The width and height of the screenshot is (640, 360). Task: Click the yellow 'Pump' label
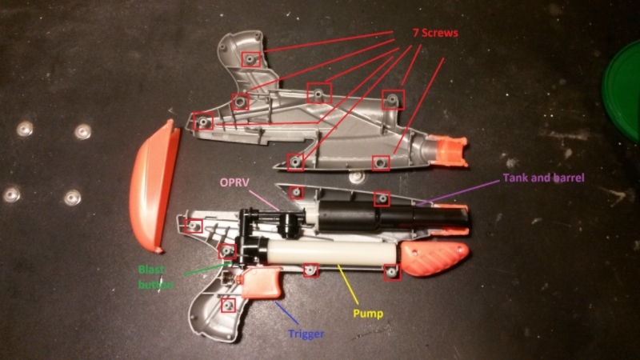pyautogui.click(x=369, y=313)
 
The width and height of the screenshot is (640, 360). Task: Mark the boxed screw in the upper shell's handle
pyautogui.click(x=251, y=60)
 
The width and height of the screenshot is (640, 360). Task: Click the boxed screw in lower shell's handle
pyautogui.click(x=229, y=305)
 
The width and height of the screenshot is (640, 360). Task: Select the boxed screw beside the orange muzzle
pyautogui.click(x=381, y=164)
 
